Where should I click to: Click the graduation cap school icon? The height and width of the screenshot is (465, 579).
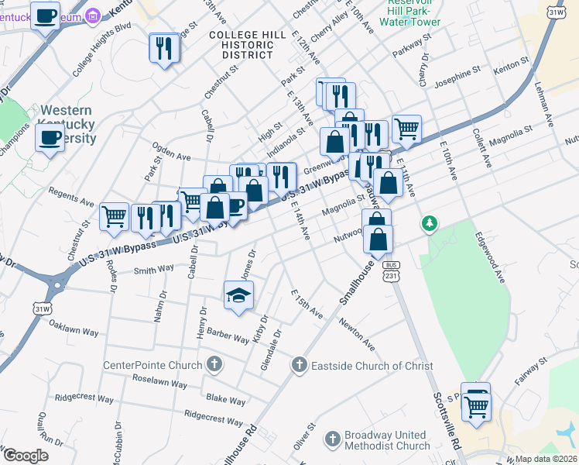tap(239, 295)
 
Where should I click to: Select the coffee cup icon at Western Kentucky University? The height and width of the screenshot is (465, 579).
tap(50, 138)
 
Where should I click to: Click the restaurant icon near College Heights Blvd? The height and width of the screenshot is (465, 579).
tap(164, 48)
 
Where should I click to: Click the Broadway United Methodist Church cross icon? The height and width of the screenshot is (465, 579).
tap(333, 439)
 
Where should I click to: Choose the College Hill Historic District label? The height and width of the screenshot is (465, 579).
tap(242, 45)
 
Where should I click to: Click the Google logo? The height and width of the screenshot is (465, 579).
tap(25, 455)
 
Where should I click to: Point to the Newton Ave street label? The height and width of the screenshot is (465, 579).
tap(356, 335)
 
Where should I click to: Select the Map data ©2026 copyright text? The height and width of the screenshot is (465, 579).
tap(546, 459)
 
